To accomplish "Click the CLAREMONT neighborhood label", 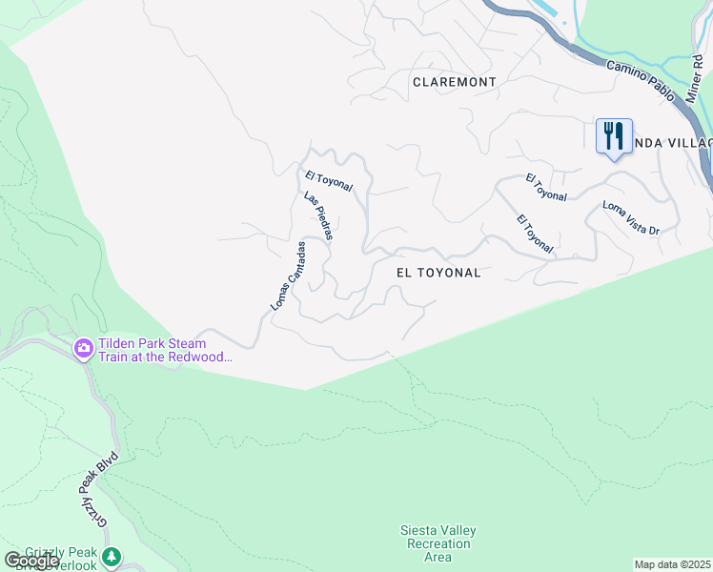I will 454,82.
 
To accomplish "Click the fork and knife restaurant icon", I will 614,134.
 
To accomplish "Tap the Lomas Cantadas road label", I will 287,275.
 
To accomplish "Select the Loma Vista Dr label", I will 631,218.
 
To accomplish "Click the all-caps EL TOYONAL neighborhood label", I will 438,273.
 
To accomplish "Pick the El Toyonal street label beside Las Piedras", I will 330,181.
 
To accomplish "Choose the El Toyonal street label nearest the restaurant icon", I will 546,188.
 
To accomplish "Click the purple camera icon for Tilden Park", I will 84,348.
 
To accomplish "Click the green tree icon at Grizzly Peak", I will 112,556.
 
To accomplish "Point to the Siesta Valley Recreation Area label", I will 438,543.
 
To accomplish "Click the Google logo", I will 31,560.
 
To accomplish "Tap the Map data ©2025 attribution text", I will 672,564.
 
